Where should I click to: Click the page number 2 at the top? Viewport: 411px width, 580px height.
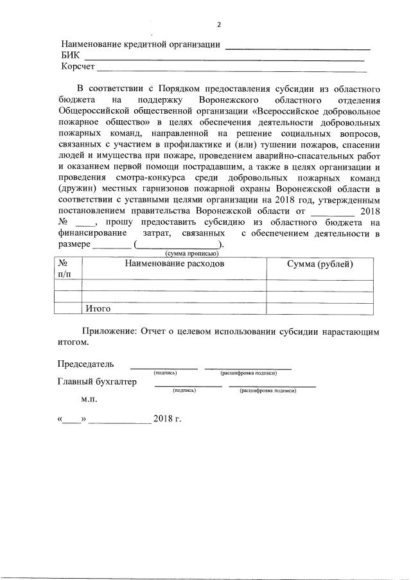[x=219, y=24]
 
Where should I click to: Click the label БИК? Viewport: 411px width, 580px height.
[x=70, y=56]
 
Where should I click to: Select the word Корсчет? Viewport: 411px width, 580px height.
[x=78, y=67]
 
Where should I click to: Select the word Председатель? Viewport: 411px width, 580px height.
[x=85, y=364]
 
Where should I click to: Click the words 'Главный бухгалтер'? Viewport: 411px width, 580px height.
[x=97, y=382]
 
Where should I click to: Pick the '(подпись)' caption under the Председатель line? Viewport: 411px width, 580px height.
[x=165, y=373]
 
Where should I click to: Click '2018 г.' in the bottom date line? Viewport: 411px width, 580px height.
[x=168, y=419]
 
